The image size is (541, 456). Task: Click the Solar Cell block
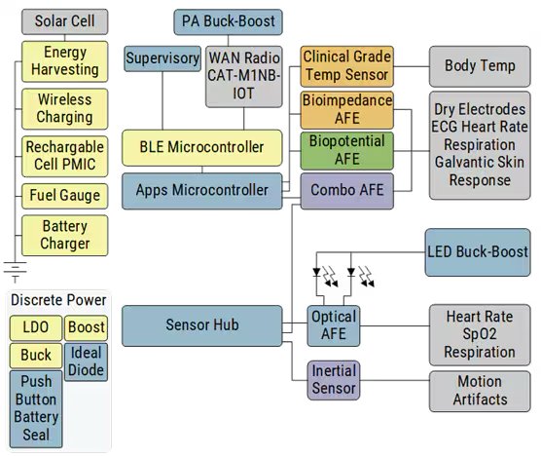coord(64,20)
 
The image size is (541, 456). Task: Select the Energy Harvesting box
coord(64,60)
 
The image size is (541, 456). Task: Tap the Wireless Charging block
coord(64,108)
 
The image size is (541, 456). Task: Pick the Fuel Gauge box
coord(64,195)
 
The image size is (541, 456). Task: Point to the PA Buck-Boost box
coord(230,20)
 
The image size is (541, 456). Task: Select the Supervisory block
coord(162,59)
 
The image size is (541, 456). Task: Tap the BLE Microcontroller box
coord(202,147)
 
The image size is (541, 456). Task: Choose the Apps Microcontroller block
coord(202,191)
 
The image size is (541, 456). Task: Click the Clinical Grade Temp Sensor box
coord(346,66)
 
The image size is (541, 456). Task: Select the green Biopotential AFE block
coord(347,150)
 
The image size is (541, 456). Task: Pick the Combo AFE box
coord(347,191)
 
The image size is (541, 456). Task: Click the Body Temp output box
coord(480,66)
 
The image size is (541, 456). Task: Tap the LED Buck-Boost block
coord(479,251)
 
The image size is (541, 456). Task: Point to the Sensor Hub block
coord(202,325)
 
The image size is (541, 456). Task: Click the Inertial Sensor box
coord(334,380)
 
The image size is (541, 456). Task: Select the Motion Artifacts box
coord(479,391)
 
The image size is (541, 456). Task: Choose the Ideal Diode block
coord(87,361)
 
